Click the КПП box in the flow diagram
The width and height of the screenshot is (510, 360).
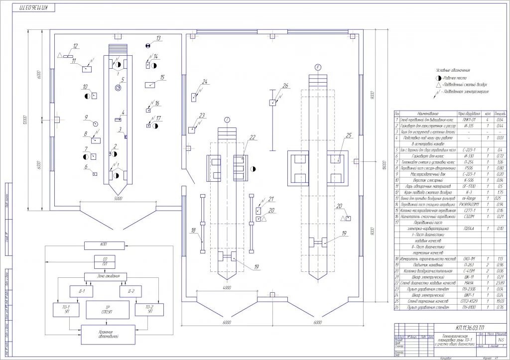click(x=103, y=245)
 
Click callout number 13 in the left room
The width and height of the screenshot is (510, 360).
click(x=158, y=38)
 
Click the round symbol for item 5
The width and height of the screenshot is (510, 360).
click(x=118, y=88)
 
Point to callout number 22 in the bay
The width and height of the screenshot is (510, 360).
click(x=253, y=137)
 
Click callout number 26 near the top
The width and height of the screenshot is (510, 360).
click(x=285, y=86)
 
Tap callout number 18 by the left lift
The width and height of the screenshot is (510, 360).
click(x=192, y=231)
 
